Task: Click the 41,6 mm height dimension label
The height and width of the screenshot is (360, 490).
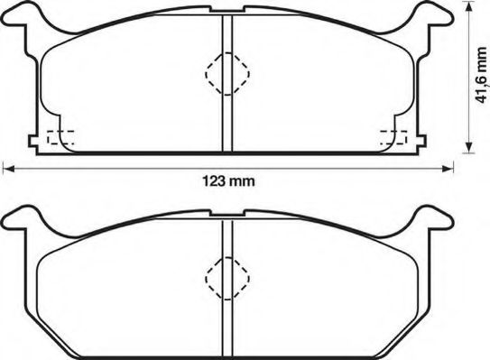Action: pos(480,77)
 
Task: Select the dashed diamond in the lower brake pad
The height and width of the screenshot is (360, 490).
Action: pos(226,279)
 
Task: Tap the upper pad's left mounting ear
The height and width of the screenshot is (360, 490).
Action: pos(20,19)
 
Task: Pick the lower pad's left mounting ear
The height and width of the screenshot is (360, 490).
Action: pos(20,220)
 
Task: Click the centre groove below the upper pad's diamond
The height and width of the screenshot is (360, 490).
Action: pos(226,122)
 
